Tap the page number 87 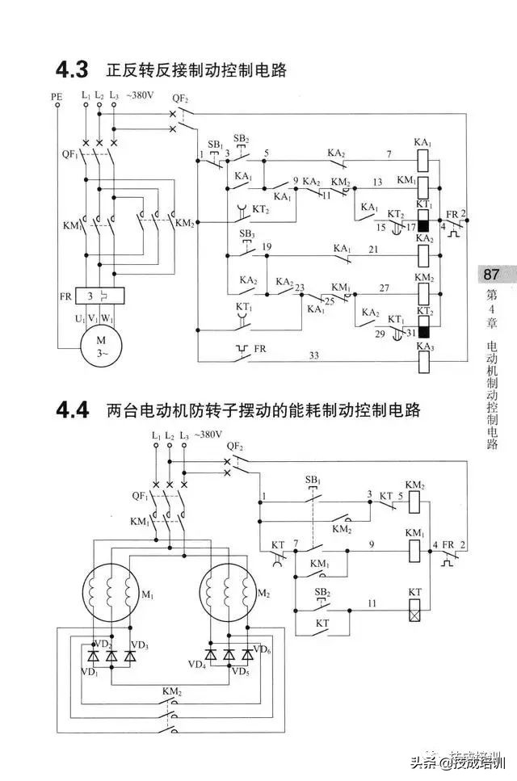[492, 275]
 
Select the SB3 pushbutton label [246, 233]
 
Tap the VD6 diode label [261, 649]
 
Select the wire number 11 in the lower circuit [372, 603]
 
